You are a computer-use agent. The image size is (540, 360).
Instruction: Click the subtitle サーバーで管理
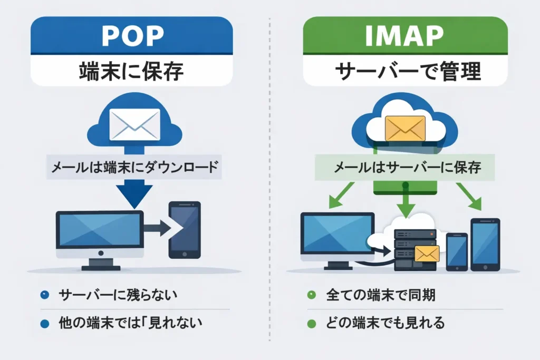[x=405, y=71]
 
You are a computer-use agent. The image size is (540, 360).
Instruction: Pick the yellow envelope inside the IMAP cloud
[x=405, y=127]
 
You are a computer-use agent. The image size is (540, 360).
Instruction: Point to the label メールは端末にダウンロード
[x=133, y=168]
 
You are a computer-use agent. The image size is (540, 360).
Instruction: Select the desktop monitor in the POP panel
[x=100, y=232]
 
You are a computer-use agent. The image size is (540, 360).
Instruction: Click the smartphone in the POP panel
[x=184, y=230]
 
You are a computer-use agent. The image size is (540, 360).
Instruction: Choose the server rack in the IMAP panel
[x=415, y=251]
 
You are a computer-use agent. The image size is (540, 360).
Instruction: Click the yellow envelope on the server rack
[x=427, y=254]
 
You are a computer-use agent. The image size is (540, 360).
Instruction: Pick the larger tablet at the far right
[x=485, y=244]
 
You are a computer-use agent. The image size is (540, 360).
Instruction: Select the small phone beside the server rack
[x=457, y=251]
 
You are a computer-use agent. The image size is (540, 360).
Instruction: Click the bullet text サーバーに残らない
[x=118, y=295]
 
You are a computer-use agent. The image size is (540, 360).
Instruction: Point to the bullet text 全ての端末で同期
[x=380, y=295]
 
